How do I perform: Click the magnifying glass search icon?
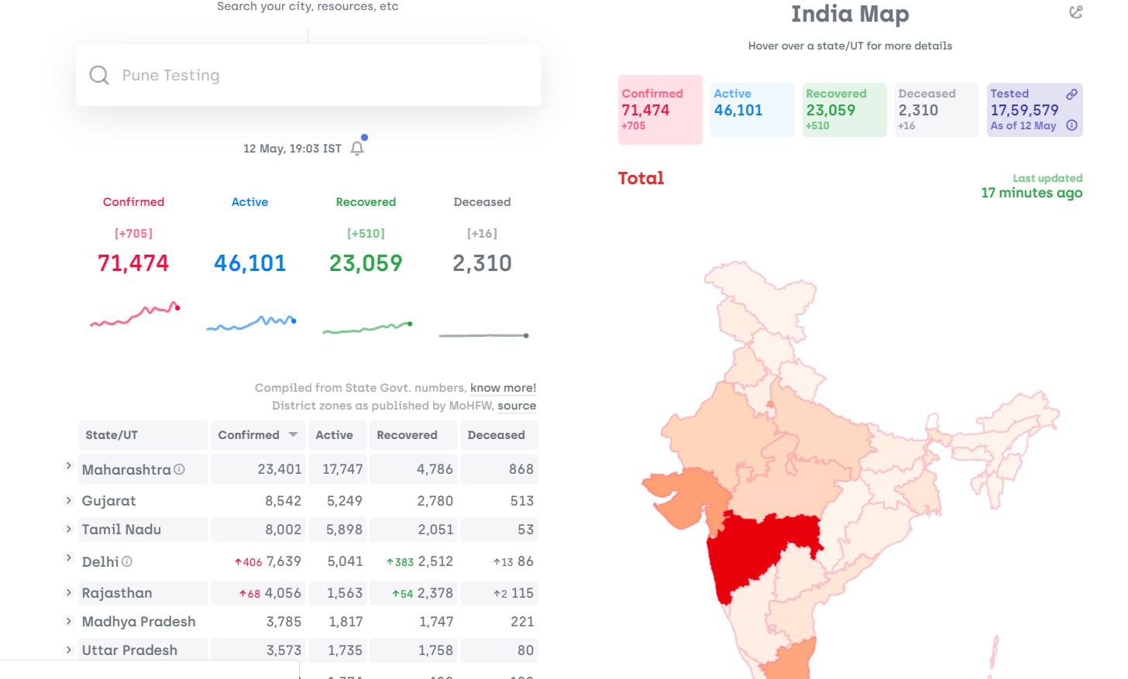click(98, 76)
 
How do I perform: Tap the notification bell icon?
click(357, 149)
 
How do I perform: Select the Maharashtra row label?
click(126, 470)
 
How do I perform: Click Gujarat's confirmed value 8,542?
click(283, 501)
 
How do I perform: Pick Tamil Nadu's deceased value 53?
click(525, 530)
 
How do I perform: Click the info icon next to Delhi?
click(127, 561)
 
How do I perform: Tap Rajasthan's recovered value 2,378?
click(435, 593)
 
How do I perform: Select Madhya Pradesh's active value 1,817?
click(346, 622)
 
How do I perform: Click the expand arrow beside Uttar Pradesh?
click(68, 650)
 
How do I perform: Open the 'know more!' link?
click(503, 388)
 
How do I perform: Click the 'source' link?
click(517, 406)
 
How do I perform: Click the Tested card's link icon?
click(1071, 94)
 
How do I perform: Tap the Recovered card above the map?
click(844, 110)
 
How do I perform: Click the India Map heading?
click(850, 14)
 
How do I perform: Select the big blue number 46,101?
click(249, 263)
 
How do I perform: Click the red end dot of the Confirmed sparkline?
click(177, 308)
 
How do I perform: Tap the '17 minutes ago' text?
click(1032, 193)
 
